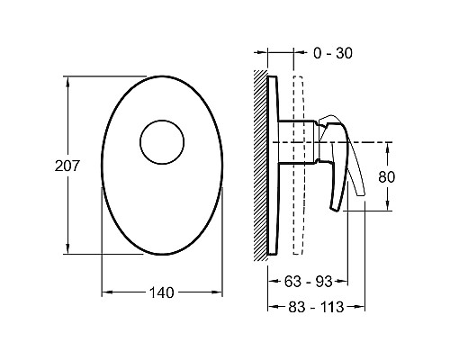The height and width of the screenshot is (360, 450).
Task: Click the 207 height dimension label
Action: [67, 166]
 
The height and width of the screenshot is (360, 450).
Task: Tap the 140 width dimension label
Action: [162, 292]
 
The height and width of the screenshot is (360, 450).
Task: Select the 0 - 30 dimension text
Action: [333, 53]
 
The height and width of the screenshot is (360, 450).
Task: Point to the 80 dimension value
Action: [387, 177]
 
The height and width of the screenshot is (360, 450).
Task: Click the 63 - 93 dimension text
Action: [308, 282]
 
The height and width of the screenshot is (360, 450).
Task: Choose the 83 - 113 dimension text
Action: [316, 307]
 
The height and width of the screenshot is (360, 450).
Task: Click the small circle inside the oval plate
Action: [162, 142]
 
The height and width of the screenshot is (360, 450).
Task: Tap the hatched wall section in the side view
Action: [260, 166]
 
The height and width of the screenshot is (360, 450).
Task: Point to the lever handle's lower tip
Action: [336, 209]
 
